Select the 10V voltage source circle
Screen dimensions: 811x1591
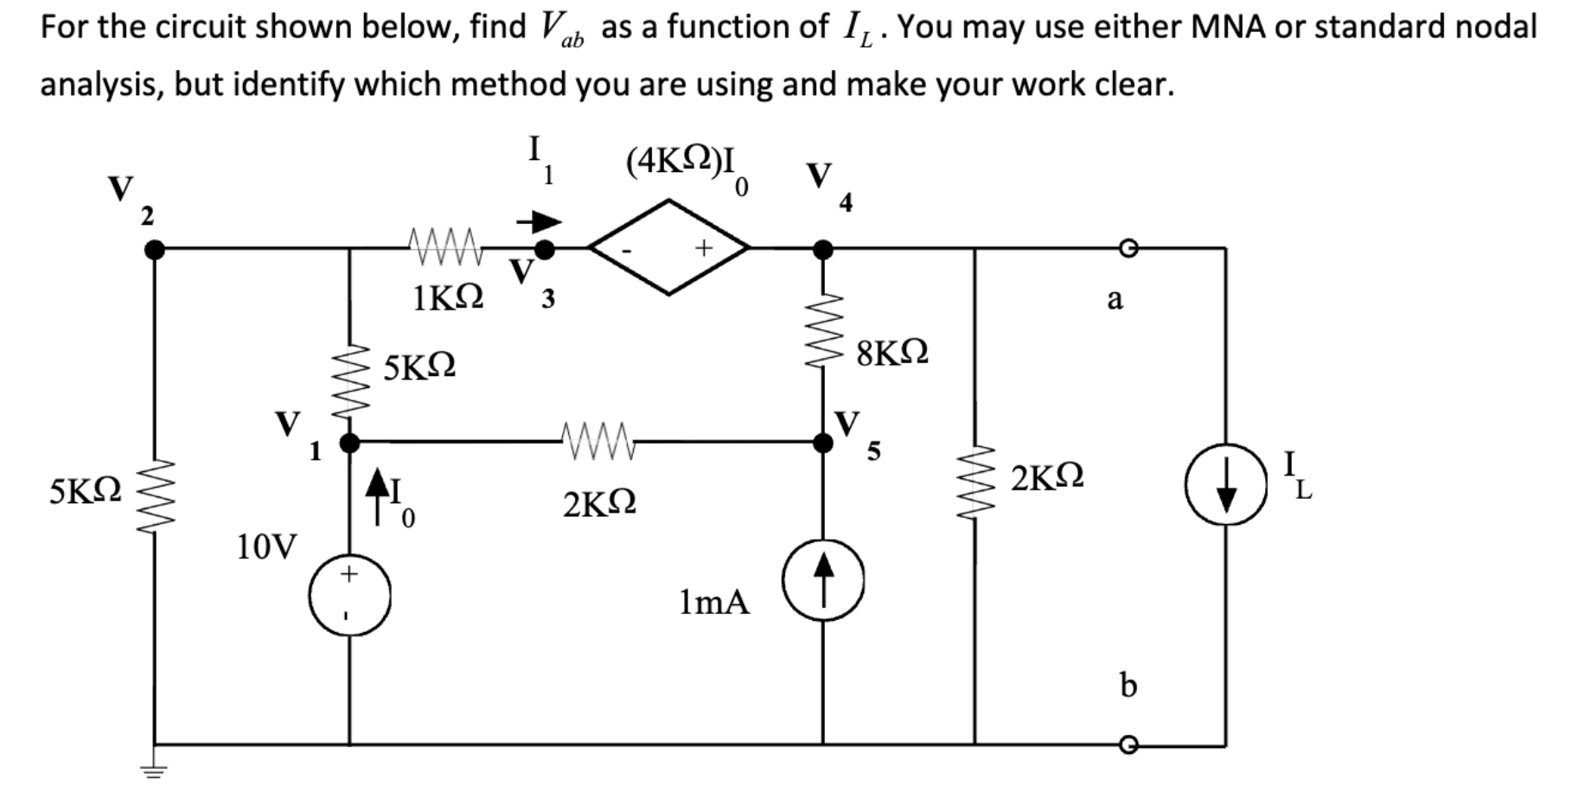click(x=349, y=596)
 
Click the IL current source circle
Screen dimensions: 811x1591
click(x=1225, y=483)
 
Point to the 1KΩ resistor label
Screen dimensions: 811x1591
click(x=448, y=298)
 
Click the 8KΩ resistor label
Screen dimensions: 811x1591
click(x=892, y=354)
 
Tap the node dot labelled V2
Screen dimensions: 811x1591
click(x=154, y=250)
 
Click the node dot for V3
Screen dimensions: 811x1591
click(x=544, y=250)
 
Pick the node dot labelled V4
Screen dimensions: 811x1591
click(x=823, y=250)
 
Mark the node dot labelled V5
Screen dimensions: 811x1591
click(x=823, y=443)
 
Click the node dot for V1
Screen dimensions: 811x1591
click(x=349, y=444)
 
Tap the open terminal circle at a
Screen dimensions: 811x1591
click(x=1127, y=250)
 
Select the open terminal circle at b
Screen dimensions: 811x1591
click(x=1127, y=744)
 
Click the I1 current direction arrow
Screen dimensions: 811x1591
click(x=539, y=222)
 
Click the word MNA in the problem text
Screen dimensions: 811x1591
click(x=1228, y=28)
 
